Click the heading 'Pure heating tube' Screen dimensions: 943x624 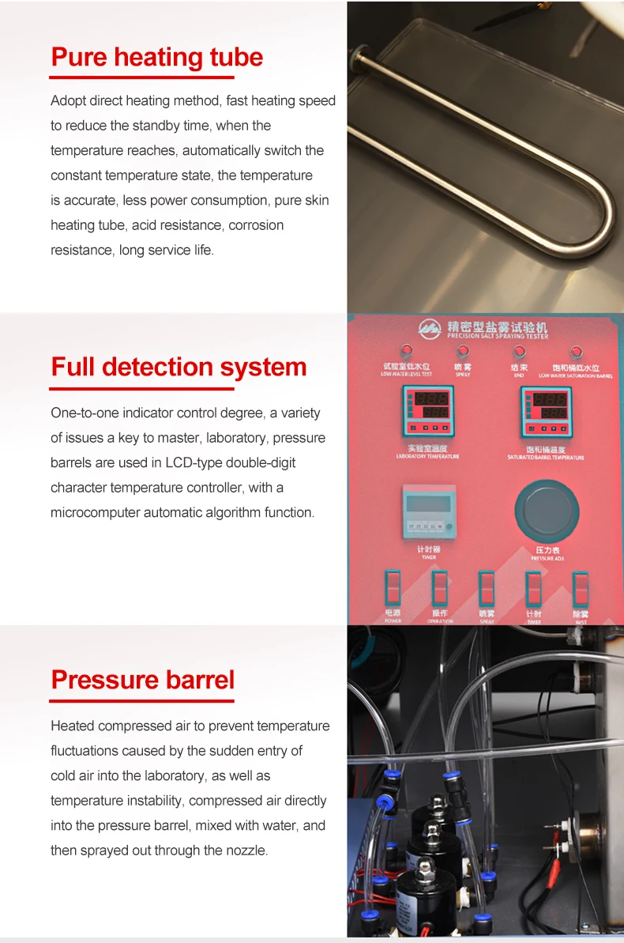click(156, 57)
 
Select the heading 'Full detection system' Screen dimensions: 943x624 click(179, 367)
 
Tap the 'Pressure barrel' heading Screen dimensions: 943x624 click(143, 679)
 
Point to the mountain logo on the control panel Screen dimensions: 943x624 click(430, 328)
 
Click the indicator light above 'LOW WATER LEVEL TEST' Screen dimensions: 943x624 click(406, 351)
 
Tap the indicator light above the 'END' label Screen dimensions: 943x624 click(519, 352)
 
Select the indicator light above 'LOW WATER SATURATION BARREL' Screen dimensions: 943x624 click(576, 352)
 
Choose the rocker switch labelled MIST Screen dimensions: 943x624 click(581, 589)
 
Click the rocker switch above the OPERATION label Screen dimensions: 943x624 click(439, 589)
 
